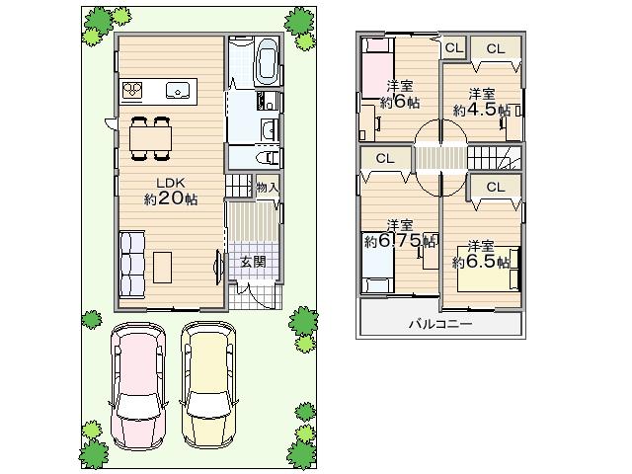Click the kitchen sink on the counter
(x=179, y=90)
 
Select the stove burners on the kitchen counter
(x=134, y=90)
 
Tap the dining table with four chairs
(x=151, y=137)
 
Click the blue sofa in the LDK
(x=130, y=265)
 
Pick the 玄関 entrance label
(x=253, y=262)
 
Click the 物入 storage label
(x=266, y=187)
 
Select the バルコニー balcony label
(x=440, y=323)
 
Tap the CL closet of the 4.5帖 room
(x=494, y=48)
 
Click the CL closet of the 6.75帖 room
(x=384, y=158)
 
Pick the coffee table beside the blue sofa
(x=163, y=266)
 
